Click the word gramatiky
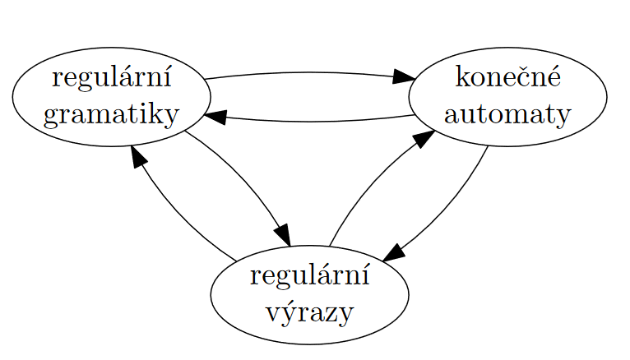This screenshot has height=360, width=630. click(111, 114)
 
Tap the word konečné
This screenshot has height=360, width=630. click(507, 78)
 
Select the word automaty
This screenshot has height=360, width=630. click(507, 113)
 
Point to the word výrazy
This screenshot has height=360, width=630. click(309, 312)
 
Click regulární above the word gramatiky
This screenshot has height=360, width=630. click(111, 79)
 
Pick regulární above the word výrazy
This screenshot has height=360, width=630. click(309, 276)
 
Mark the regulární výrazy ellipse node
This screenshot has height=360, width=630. click(226, 294)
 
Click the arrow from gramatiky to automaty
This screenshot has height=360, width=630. click(308, 72)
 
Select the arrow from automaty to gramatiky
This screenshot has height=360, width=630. click(308, 122)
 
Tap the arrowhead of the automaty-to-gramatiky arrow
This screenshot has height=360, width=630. click(215, 116)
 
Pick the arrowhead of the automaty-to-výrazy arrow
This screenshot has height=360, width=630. click(394, 252)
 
